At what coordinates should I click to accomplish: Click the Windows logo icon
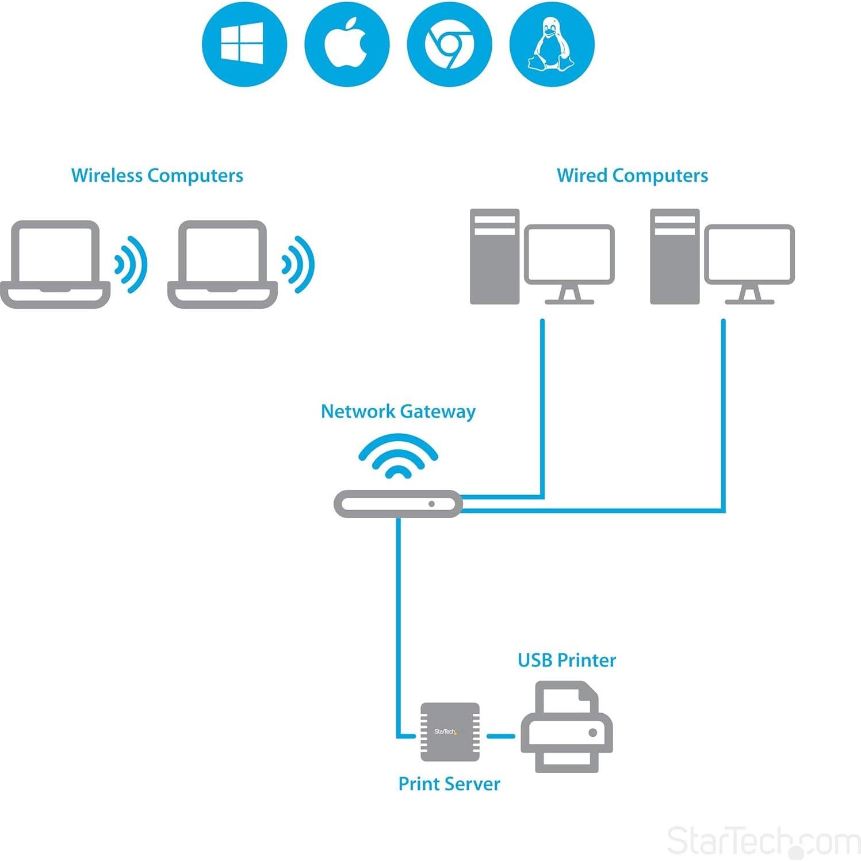pos(244,44)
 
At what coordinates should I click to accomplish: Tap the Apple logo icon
pos(346,44)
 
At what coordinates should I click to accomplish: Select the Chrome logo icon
pos(449,44)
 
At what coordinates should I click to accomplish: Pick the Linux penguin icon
pos(552,44)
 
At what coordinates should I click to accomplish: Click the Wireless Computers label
pos(157,175)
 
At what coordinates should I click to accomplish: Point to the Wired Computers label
pos(632,175)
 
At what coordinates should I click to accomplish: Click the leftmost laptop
pos(55,265)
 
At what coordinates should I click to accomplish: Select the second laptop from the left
pos(223,265)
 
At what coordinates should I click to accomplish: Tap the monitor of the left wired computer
pos(569,255)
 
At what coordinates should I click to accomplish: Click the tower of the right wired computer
pos(674,257)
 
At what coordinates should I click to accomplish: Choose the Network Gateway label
pos(398,411)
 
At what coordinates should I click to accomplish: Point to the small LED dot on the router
pos(431,504)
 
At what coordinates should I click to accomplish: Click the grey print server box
pos(450,732)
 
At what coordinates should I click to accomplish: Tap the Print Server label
pos(449,784)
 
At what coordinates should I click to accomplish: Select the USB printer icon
pos(567,728)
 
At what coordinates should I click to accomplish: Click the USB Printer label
pos(567,660)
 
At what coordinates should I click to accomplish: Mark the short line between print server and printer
pos(500,736)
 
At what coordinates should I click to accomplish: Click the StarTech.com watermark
pos(763,841)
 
